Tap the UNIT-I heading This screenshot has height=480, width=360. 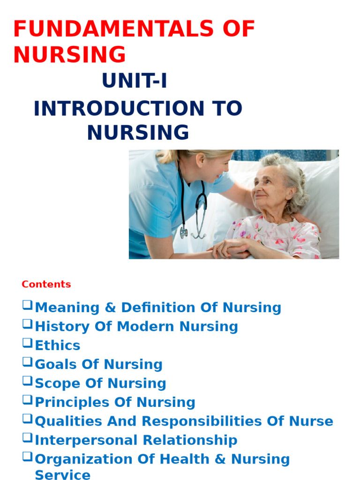(x=135, y=82)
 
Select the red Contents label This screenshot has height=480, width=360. (x=46, y=284)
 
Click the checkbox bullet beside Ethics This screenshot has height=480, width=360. (x=27, y=343)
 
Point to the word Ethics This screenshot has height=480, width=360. (x=58, y=345)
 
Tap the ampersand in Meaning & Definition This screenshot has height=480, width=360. (x=110, y=308)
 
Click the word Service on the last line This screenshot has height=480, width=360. (x=62, y=474)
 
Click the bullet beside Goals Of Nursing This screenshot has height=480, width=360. (x=27, y=362)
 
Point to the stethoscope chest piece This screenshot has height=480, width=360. (x=183, y=232)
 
